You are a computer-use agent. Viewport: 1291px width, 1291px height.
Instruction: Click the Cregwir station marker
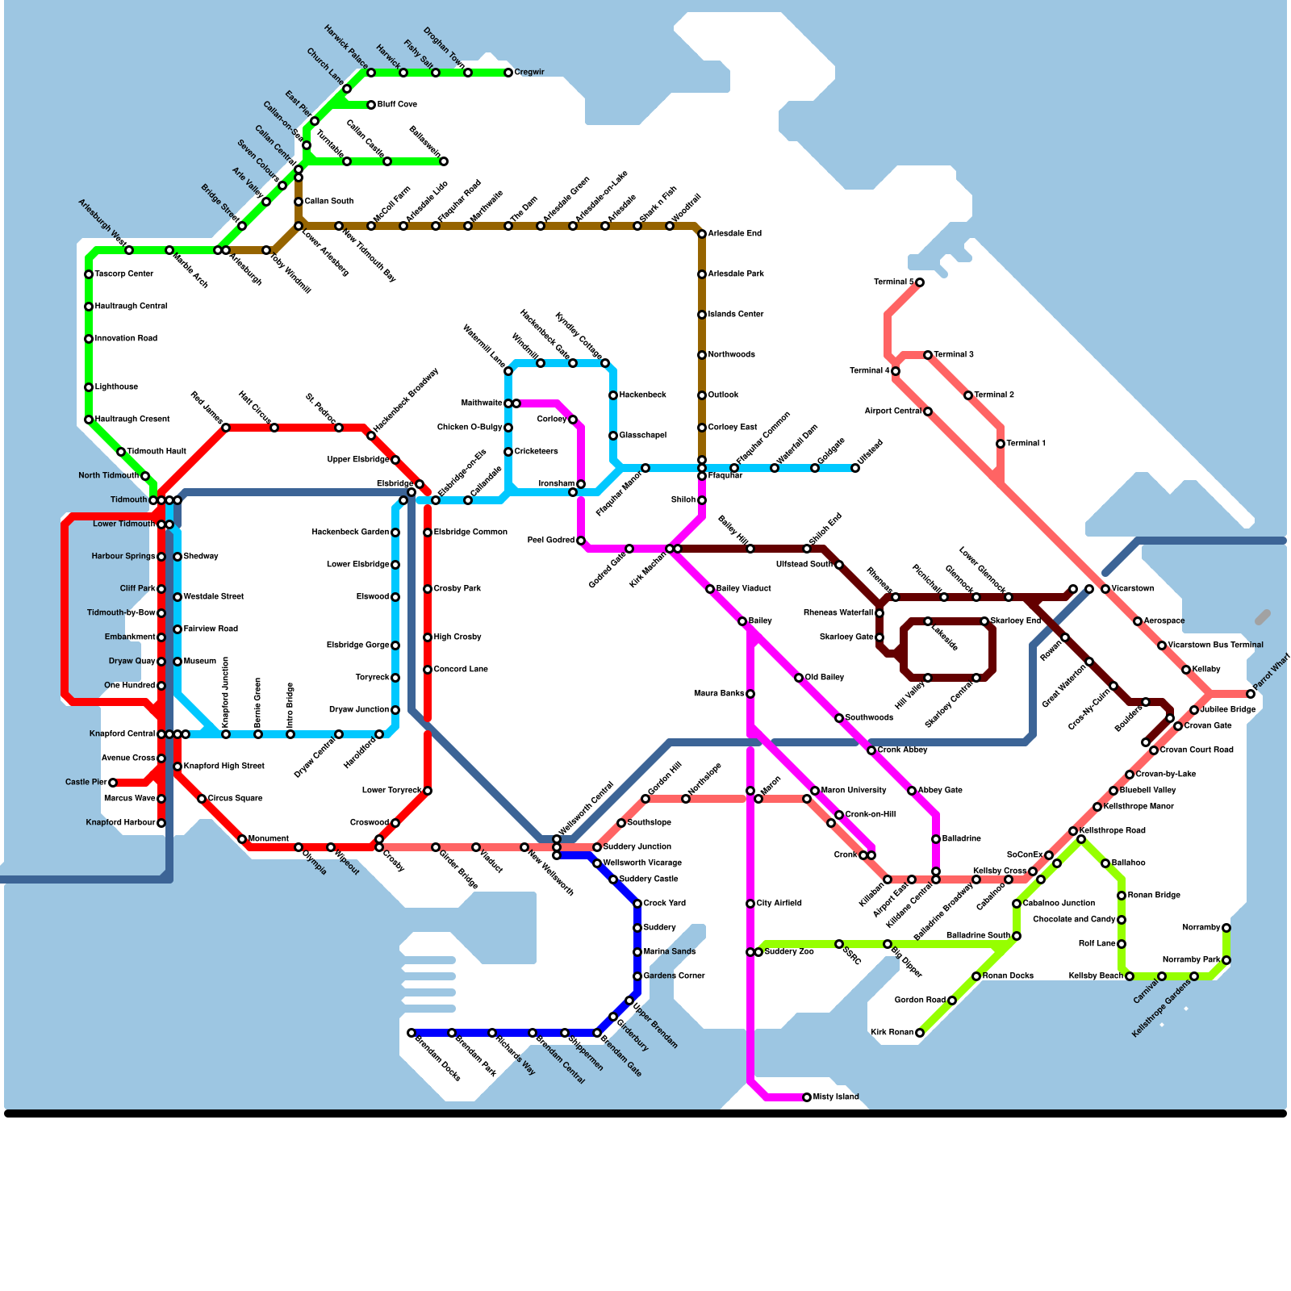(508, 73)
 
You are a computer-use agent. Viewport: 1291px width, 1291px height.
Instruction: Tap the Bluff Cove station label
(397, 105)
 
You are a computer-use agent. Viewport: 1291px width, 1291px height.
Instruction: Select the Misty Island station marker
(807, 1097)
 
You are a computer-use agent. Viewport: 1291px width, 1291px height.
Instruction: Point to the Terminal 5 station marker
(920, 282)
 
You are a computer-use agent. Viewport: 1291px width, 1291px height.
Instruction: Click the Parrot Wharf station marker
(1251, 694)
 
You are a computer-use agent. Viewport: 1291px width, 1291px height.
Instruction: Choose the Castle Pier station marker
(113, 783)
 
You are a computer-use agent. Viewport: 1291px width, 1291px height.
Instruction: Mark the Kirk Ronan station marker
(920, 1033)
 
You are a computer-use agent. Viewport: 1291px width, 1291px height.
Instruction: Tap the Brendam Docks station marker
(412, 1033)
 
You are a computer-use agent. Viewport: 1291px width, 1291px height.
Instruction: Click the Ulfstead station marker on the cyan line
(855, 468)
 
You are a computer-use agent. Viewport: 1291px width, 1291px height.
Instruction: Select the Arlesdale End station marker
(702, 234)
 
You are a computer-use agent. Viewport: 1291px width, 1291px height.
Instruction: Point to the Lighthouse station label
(116, 387)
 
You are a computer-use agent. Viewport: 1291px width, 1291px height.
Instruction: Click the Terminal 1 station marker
(1001, 444)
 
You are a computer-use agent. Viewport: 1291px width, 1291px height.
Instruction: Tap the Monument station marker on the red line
(242, 839)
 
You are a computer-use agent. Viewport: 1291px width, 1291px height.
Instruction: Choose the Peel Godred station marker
(581, 541)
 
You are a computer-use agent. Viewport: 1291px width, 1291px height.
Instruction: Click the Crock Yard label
(664, 904)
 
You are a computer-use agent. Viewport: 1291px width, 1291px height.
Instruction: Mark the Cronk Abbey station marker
(871, 750)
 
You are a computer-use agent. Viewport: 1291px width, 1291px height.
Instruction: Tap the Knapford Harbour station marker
(161, 823)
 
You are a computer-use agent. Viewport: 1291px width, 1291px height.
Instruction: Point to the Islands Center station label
(735, 315)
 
